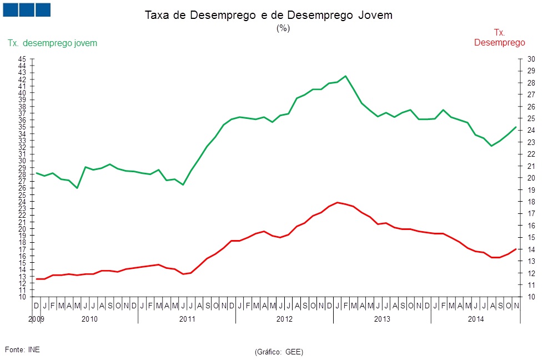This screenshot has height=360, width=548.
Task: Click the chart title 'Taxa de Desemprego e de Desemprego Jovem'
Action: click(268, 16)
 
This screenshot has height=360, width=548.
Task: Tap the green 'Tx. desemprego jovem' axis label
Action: click(52, 43)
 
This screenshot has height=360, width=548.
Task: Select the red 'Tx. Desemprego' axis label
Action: click(499, 38)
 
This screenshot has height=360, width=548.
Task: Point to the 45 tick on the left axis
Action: click(22, 59)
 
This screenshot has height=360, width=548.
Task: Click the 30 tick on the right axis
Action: click(531, 59)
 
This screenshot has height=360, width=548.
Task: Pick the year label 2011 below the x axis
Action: click(187, 319)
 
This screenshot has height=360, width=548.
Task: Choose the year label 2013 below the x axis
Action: click(382, 319)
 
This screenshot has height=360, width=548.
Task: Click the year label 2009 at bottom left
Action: click(36, 319)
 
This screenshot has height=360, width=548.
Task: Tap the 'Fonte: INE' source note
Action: click(22, 349)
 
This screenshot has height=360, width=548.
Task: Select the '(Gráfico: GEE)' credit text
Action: click(279, 352)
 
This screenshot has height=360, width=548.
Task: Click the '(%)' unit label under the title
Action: click(283, 29)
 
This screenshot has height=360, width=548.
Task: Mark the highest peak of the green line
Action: click(345, 76)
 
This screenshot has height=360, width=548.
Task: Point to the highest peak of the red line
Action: click(338, 202)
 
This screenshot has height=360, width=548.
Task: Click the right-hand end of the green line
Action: click(516, 127)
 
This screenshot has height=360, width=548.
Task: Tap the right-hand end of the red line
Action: click(516, 249)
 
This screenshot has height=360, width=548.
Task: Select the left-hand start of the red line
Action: click(36, 279)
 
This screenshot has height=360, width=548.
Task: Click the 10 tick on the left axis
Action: click(22, 297)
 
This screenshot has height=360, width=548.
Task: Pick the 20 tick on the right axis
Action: click(531, 178)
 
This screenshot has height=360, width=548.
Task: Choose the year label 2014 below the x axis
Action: click(476, 319)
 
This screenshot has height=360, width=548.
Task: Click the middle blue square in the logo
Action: click(27, 10)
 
